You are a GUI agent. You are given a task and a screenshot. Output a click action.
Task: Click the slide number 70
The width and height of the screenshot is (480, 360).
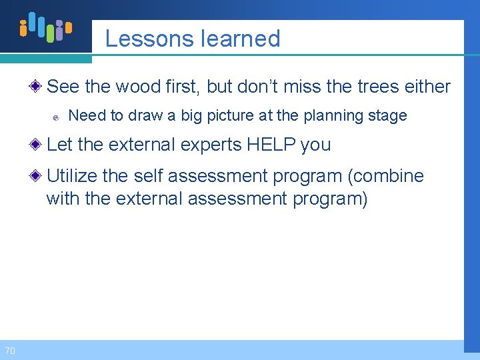[9, 351]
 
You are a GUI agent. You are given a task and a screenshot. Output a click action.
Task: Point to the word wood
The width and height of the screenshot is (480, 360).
[139, 87]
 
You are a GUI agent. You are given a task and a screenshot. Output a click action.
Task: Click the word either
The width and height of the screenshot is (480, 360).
[426, 87]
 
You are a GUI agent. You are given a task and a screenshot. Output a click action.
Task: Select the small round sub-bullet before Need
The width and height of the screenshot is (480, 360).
[57, 117]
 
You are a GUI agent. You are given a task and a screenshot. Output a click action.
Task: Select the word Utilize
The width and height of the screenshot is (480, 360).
[72, 176]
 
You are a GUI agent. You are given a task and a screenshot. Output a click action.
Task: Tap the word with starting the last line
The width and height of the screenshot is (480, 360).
[62, 199]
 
